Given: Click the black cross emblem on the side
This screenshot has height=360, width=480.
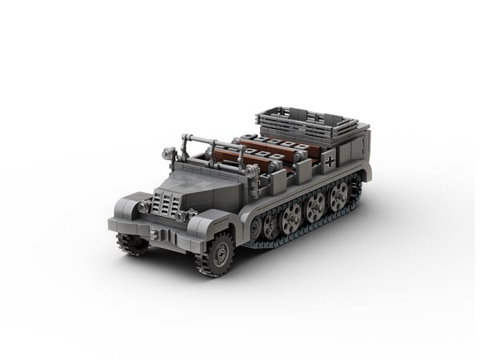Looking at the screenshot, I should pyautogui.click(x=331, y=160).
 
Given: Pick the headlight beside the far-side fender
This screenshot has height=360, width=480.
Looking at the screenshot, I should pyautogui.click(x=142, y=206).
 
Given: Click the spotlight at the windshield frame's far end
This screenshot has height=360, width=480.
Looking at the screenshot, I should pyautogui.click(x=169, y=153).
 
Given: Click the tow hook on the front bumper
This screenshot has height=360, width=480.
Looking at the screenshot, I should pyautogui.click(x=164, y=236).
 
